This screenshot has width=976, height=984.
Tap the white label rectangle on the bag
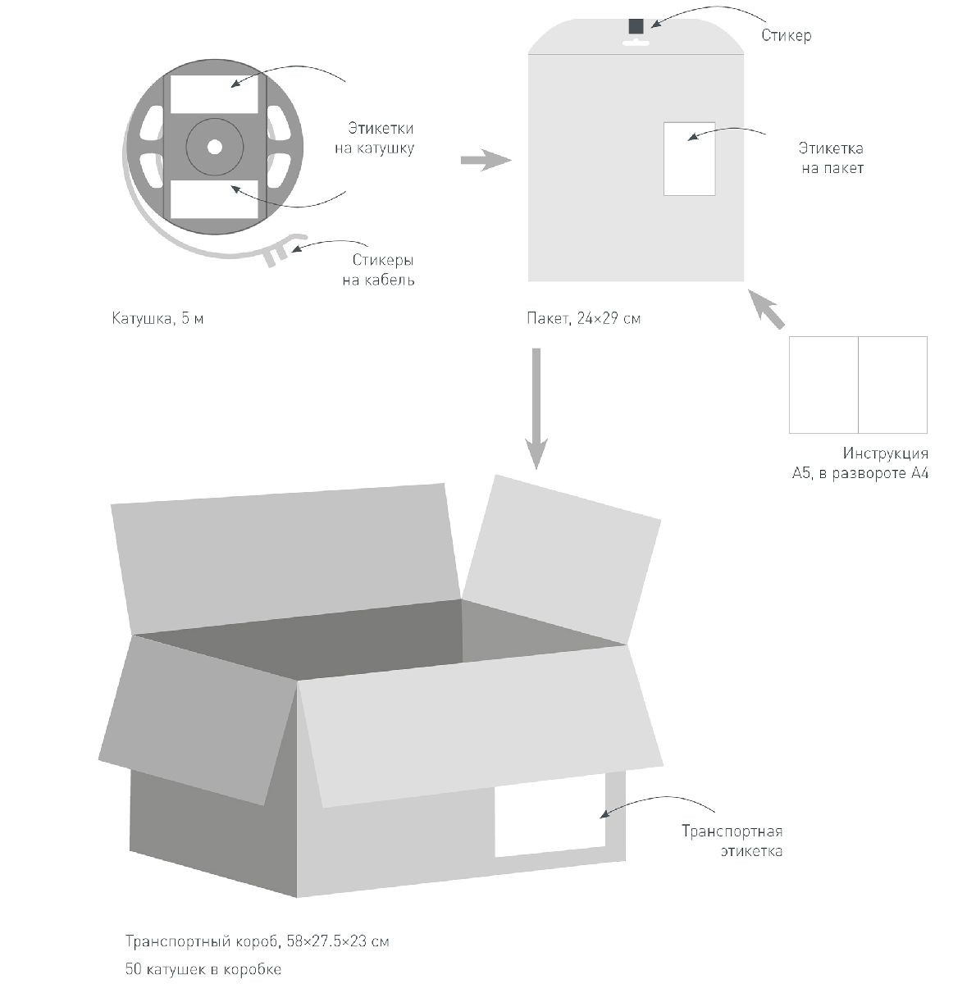point(689,159)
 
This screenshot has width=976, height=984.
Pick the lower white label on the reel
point(214,199)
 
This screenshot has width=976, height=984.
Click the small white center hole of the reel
point(214,147)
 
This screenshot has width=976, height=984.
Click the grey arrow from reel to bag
point(486,161)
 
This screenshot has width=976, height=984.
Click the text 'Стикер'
point(786,36)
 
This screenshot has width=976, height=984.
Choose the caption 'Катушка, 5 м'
point(157,318)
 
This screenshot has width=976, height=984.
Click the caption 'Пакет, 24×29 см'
point(584,318)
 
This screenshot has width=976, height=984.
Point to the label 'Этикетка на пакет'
point(831,158)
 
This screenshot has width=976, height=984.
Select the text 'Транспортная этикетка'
point(732,840)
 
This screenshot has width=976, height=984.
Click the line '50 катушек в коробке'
point(203,969)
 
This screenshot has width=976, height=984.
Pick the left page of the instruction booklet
point(823,385)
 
